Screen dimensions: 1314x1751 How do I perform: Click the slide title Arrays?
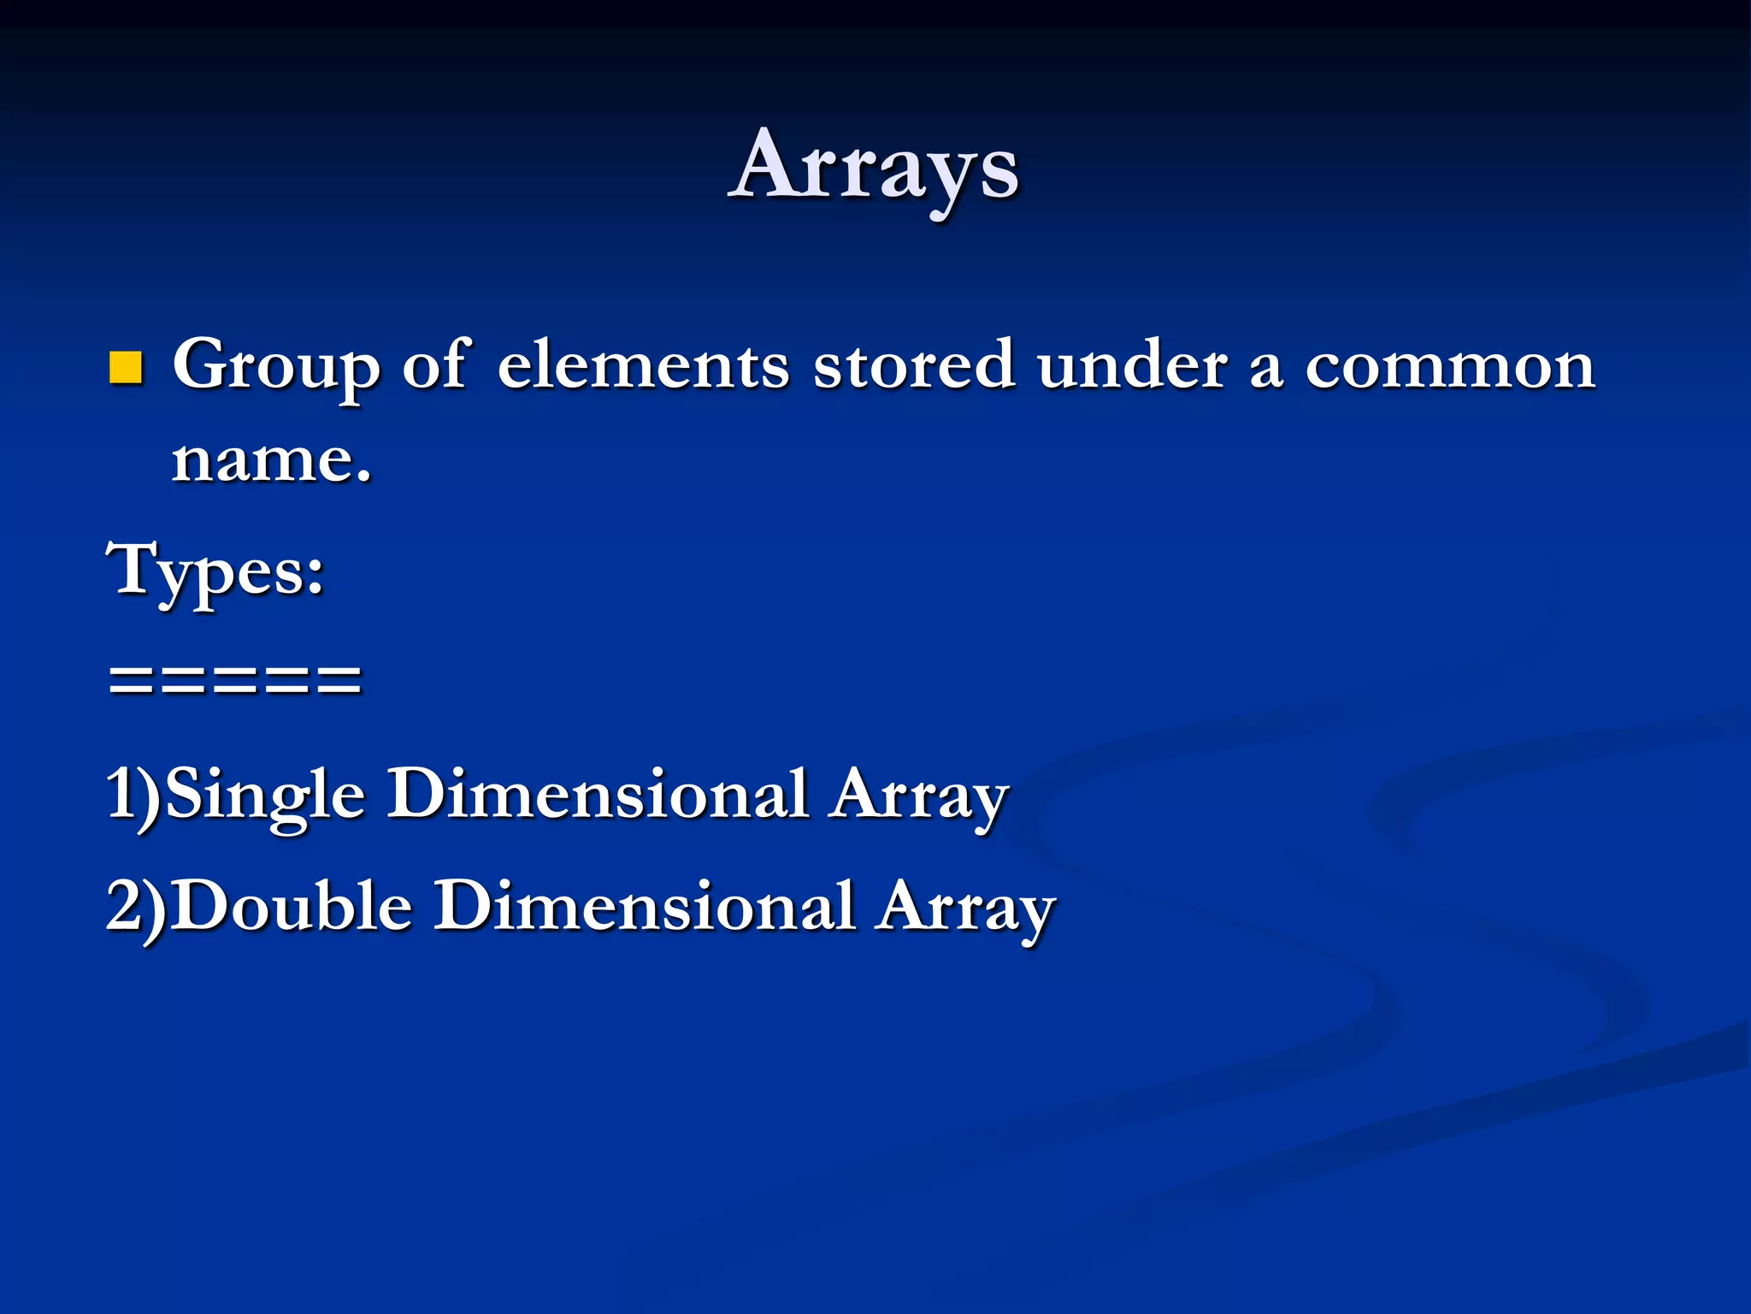(874, 167)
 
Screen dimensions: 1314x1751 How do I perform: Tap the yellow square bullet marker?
(126, 367)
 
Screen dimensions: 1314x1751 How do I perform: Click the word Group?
(276, 367)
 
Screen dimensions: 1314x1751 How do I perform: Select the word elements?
(642, 365)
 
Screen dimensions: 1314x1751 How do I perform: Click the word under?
(1133, 365)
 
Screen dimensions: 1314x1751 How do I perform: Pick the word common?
(1449, 367)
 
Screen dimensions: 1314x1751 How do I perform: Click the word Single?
(264, 795)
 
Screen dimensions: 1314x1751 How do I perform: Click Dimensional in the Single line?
(598, 793)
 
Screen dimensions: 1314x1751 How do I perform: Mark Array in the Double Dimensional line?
(967, 908)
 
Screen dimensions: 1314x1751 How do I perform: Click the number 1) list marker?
(133, 795)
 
